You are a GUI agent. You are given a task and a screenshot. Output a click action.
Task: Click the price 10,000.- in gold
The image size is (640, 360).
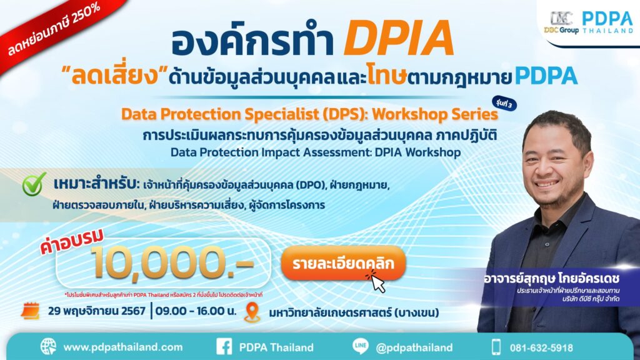(x=172, y=261)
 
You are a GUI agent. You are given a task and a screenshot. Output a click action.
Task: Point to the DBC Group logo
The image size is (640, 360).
(x=561, y=21)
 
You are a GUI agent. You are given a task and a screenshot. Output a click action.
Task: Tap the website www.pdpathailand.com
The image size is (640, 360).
(x=122, y=347)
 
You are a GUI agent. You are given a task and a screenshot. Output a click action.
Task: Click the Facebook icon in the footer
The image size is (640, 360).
(x=224, y=347)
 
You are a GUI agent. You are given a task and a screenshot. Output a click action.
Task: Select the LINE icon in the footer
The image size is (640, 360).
(x=361, y=347)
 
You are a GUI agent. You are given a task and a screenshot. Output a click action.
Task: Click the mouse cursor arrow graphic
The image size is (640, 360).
(x=377, y=282)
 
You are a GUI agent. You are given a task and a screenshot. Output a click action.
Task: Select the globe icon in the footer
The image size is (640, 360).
(x=48, y=347)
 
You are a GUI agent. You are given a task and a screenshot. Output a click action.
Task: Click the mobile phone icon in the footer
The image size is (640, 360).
(x=496, y=347)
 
